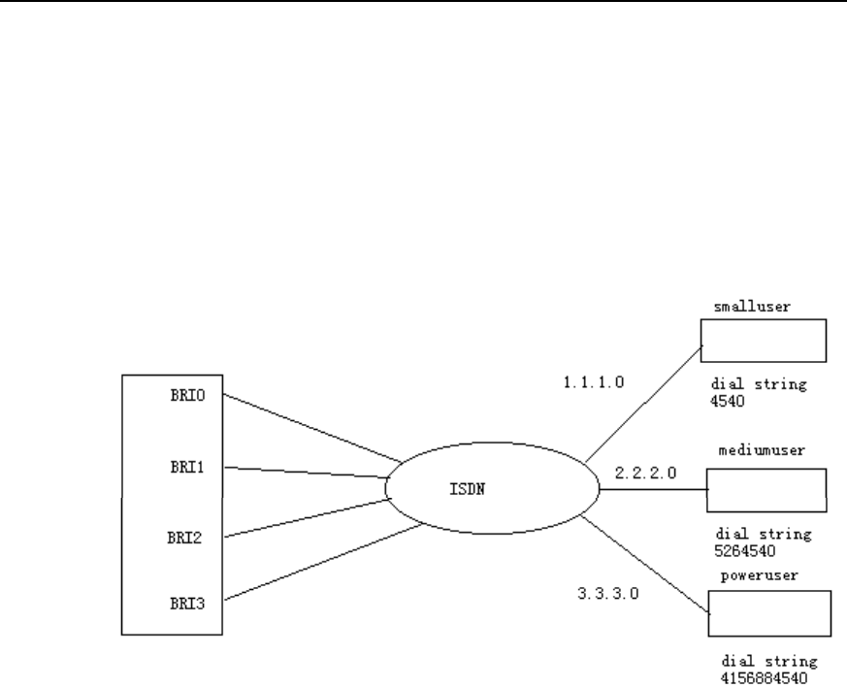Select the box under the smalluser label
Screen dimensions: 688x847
763,341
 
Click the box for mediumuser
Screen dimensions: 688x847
766,490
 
